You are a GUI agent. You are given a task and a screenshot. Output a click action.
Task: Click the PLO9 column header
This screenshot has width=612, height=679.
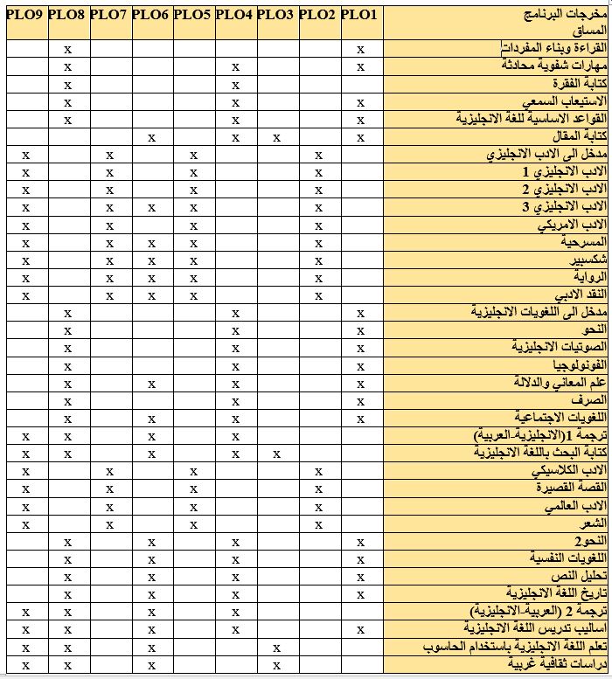coord(25,14)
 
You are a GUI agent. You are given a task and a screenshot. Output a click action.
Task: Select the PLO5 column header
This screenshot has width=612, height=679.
coord(192,14)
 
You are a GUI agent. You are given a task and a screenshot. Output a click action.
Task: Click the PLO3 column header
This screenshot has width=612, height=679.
coord(276,14)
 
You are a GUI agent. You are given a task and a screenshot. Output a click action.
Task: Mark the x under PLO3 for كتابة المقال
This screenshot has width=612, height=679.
coord(276,137)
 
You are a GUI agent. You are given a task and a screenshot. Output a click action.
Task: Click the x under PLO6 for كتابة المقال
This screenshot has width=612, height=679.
coord(151,137)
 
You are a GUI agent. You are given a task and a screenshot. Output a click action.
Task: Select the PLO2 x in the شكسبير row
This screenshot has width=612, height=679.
coord(318,260)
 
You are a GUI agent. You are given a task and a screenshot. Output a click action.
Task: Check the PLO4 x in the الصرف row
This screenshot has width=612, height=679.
coord(234,400)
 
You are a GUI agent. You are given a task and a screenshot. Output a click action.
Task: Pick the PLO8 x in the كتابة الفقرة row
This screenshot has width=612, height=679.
coord(67,85)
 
